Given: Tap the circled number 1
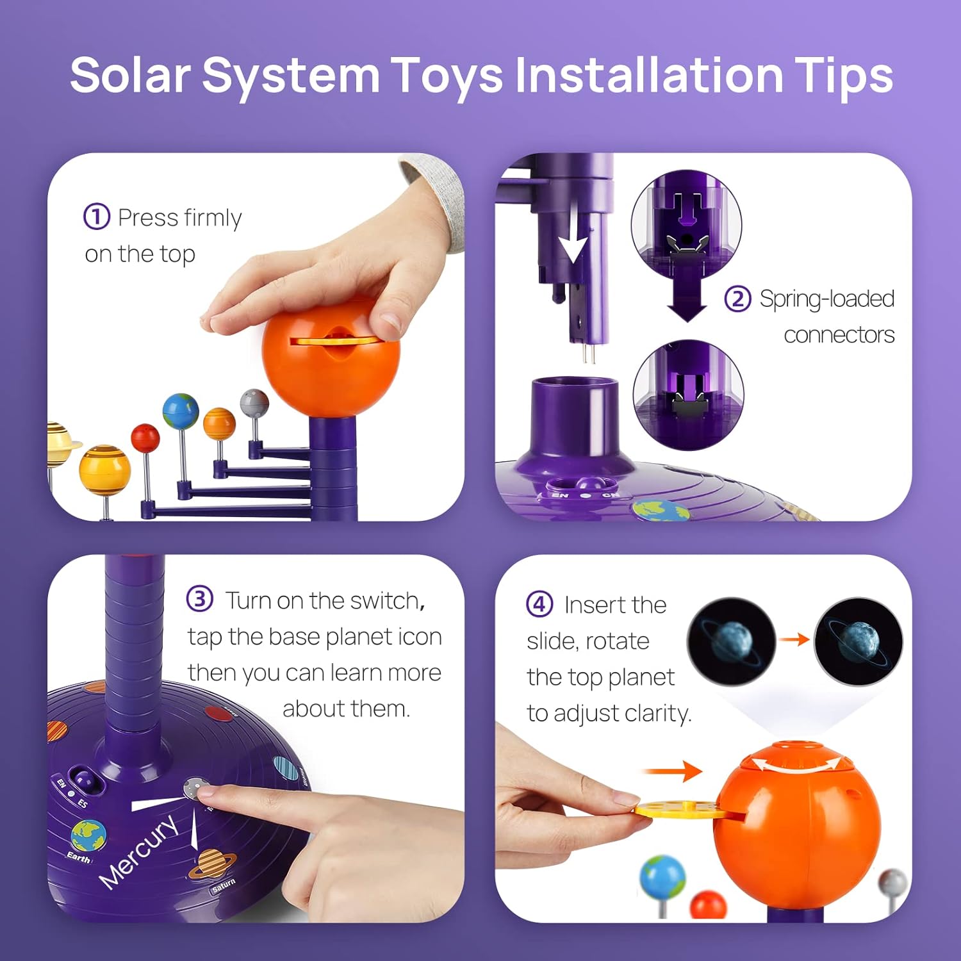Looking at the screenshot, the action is pyautogui.click(x=97, y=217).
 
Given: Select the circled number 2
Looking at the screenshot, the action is pyautogui.click(x=737, y=299).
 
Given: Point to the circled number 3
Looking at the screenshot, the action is pyautogui.click(x=199, y=599).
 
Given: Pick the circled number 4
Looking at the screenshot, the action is pyautogui.click(x=539, y=604).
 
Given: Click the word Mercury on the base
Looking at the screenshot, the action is pyautogui.click(x=138, y=852).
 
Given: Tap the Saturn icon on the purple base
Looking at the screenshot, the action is pyautogui.click(x=209, y=864).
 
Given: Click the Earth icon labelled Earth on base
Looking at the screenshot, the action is pyautogui.click(x=88, y=835).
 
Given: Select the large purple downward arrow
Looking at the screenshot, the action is pyautogui.click(x=687, y=293).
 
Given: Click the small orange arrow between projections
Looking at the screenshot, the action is pyautogui.click(x=794, y=639).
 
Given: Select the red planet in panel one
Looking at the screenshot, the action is pyautogui.click(x=145, y=438).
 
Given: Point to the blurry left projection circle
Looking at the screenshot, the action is pyautogui.click(x=731, y=641).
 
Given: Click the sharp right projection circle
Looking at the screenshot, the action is pyautogui.click(x=858, y=641).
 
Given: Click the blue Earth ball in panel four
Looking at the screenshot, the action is pyautogui.click(x=662, y=878).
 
